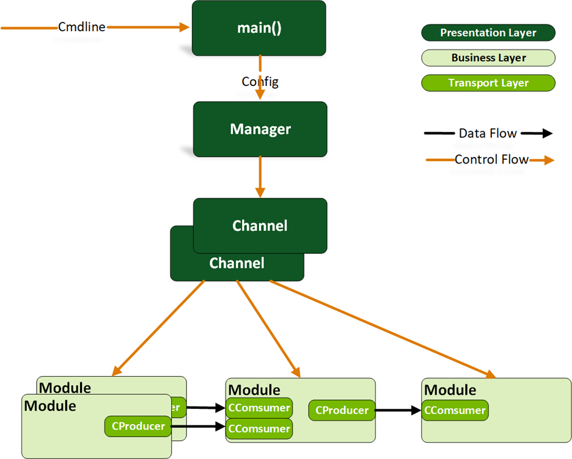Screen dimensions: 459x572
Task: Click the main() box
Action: pos(259,28)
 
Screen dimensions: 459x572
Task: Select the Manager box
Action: pos(260,129)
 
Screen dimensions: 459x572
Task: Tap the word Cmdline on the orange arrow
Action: pos(82,27)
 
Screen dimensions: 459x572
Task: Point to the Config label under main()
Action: pos(260,81)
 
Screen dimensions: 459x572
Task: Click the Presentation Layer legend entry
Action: pos(488,33)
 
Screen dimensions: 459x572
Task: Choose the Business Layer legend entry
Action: pos(488,58)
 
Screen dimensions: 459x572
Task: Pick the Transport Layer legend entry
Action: pos(488,83)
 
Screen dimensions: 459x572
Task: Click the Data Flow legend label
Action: pos(488,133)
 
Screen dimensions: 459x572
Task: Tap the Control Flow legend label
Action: pos(491,160)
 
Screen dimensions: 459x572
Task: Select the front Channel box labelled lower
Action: pos(237,264)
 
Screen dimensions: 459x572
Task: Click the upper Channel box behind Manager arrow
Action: pos(260,225)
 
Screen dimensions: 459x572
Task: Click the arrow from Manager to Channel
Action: pos(260,176)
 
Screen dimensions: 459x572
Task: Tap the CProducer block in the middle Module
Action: pos(342,410)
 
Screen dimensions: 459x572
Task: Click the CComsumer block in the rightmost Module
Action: pos(455,410)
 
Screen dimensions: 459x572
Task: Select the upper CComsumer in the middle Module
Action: pos(259,408)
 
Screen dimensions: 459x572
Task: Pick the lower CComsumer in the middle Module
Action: pos(259,428)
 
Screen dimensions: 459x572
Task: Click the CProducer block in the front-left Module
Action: pos(138,425)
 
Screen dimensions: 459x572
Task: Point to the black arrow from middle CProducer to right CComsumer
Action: pos(397,410)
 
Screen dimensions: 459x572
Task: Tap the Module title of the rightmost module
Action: pos(450,390)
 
